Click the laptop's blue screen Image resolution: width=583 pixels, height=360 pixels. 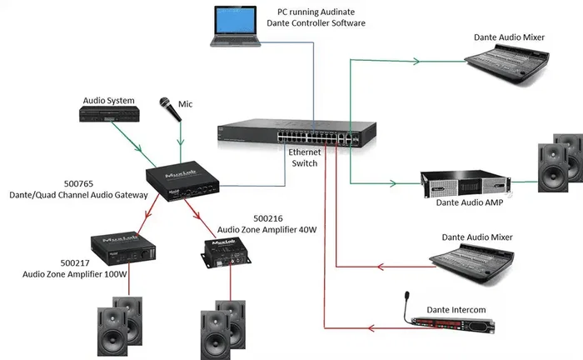click(x=236, y=21)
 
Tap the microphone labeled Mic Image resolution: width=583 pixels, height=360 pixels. click(x=170, y=109)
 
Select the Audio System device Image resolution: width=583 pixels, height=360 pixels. click(x=109, y=114)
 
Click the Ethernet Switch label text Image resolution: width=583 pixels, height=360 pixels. click(x=305, y=157)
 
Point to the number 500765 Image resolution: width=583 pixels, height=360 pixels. click(x=78, y=183)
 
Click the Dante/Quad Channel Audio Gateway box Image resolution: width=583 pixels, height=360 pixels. click(x=182, y=181)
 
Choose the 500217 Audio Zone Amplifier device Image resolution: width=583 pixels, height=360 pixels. click(x=123, y=249)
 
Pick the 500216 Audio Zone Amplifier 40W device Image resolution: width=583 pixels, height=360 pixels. click(x=226, y=252)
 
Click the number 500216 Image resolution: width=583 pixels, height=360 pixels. click(x=268, y=218)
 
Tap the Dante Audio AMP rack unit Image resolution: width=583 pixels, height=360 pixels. click(x=466, y=184)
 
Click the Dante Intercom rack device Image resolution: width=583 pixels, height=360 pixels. click(x=453, y=325)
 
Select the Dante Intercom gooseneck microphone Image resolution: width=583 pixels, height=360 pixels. click(x=406, y=307)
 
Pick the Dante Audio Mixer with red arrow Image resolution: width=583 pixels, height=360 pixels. click(x=472, y=263)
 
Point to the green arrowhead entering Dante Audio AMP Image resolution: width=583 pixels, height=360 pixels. click(x=392, y=183)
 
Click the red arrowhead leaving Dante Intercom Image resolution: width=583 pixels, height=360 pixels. click(x=371, y=328)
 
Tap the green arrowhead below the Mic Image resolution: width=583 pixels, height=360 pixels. click(x=181, y=142)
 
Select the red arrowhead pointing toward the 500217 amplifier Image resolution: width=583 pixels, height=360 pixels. click(x=148, y=213)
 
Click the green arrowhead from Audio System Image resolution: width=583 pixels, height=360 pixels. click(x=138, y=148)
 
